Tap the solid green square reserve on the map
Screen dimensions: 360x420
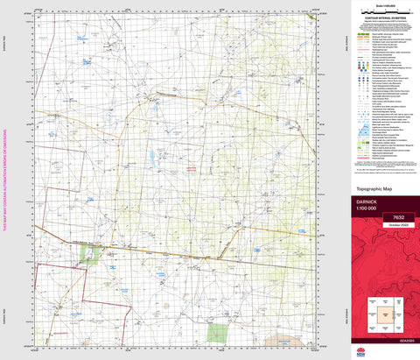coord(217,333)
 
